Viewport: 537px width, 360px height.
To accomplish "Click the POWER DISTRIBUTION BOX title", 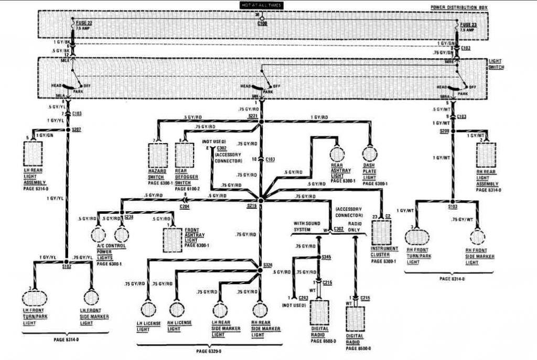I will point(459,8).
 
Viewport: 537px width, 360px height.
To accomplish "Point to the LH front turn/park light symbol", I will point(35,298).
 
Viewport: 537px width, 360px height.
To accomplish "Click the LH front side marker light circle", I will point(91,298).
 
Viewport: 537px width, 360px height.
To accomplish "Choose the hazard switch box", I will point(157,156).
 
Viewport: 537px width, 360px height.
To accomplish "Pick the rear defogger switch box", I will point(185,156).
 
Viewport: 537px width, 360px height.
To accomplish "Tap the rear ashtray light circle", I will point(337,154).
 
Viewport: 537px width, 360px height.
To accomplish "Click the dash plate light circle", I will point(370,154).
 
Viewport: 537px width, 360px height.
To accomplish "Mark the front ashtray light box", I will point(173,239).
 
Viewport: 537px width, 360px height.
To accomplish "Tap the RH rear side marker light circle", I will point(260,309).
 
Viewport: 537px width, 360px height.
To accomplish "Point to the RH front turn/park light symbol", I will point(417,237).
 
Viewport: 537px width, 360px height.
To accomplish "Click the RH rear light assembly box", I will point(486,155).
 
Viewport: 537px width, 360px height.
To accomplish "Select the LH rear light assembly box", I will point(34,154).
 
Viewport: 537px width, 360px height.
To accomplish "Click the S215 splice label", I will point(252,205).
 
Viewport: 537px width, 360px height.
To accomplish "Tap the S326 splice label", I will point(268,265).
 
